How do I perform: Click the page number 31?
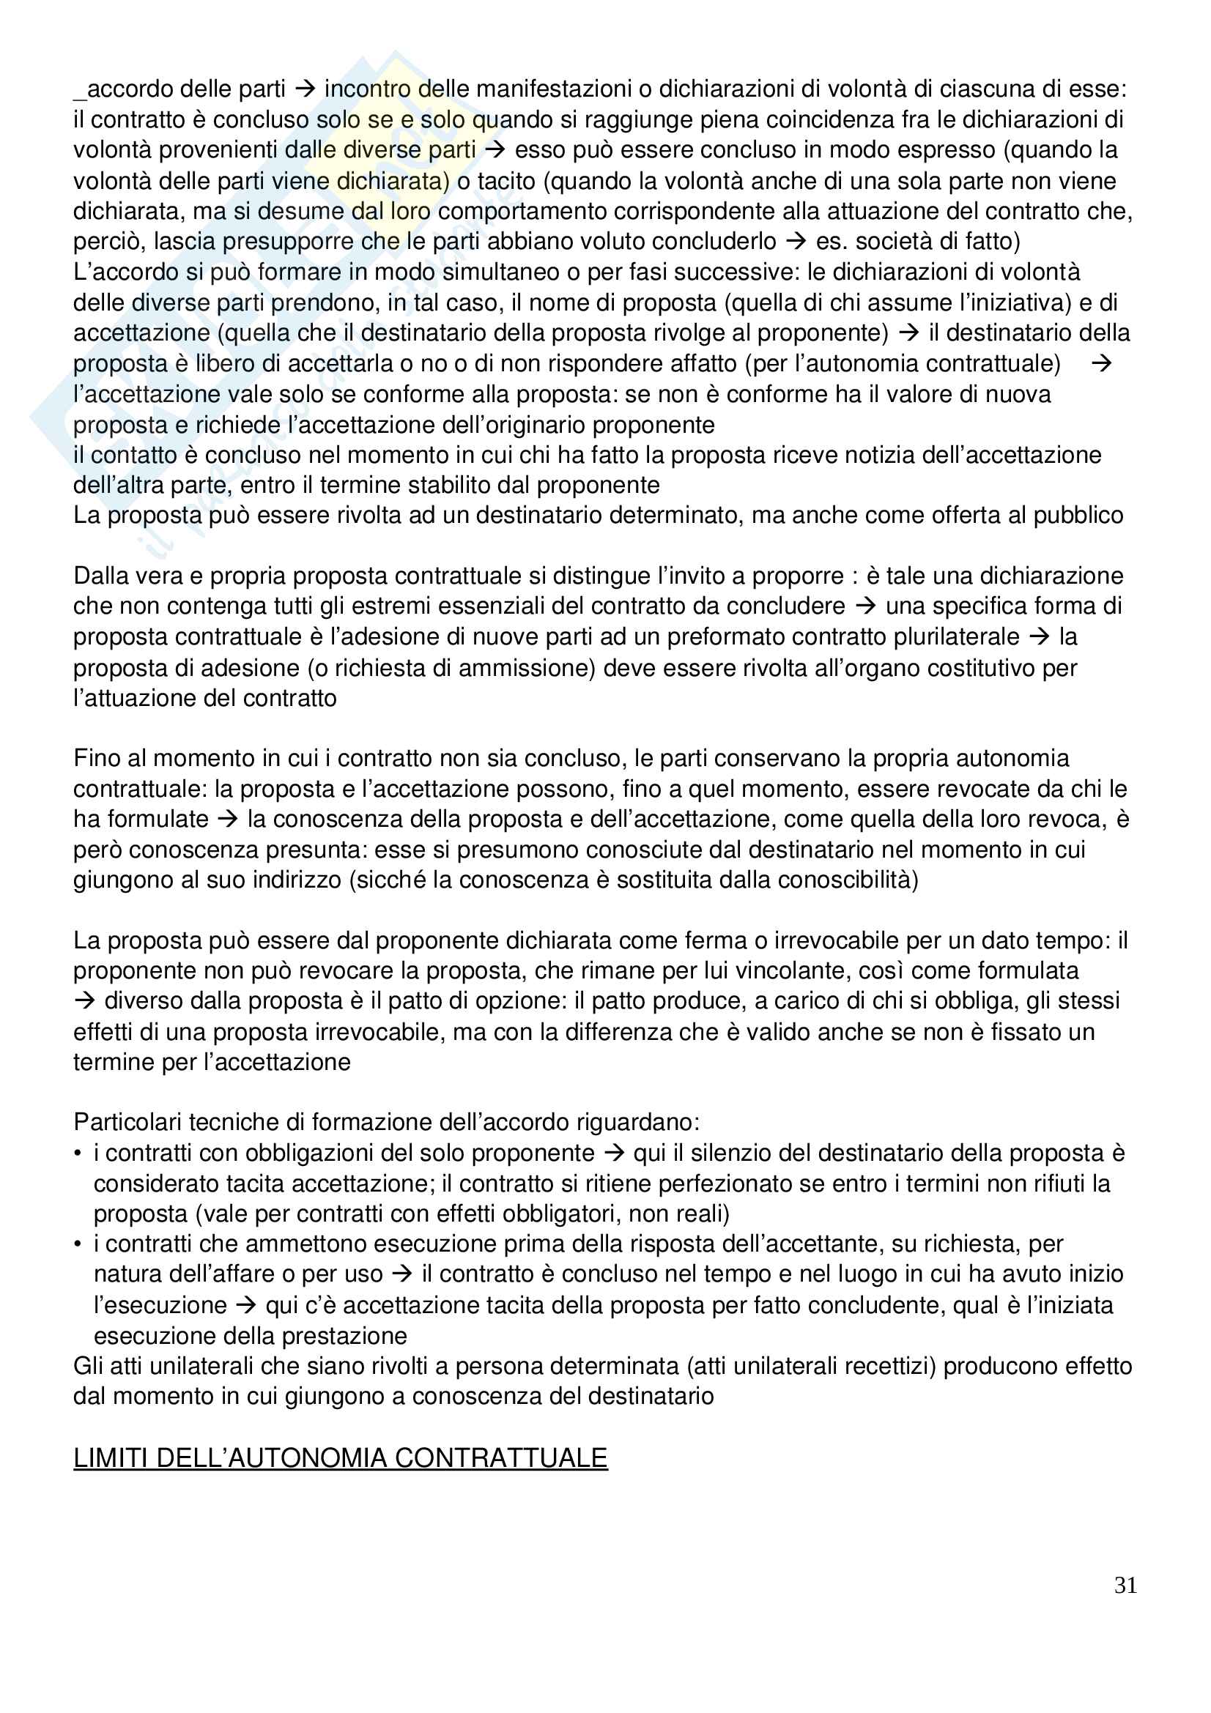(1125, 1585)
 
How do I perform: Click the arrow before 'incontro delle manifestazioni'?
(305, 89)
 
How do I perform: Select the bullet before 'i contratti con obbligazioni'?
(78, 1153)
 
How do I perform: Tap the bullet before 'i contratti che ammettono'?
(78, 1244)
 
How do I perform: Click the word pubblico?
(1078, 515)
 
